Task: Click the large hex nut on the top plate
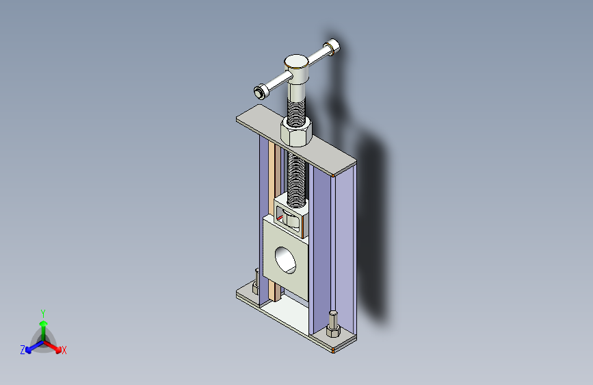click(296, 131)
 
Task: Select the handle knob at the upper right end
click(332, 47)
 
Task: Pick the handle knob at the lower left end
click(261, 91)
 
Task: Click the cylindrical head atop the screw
click(297, 69)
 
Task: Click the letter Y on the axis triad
click(43, 314)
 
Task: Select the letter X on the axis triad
click(64, 351)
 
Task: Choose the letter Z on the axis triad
click(23, 350)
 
